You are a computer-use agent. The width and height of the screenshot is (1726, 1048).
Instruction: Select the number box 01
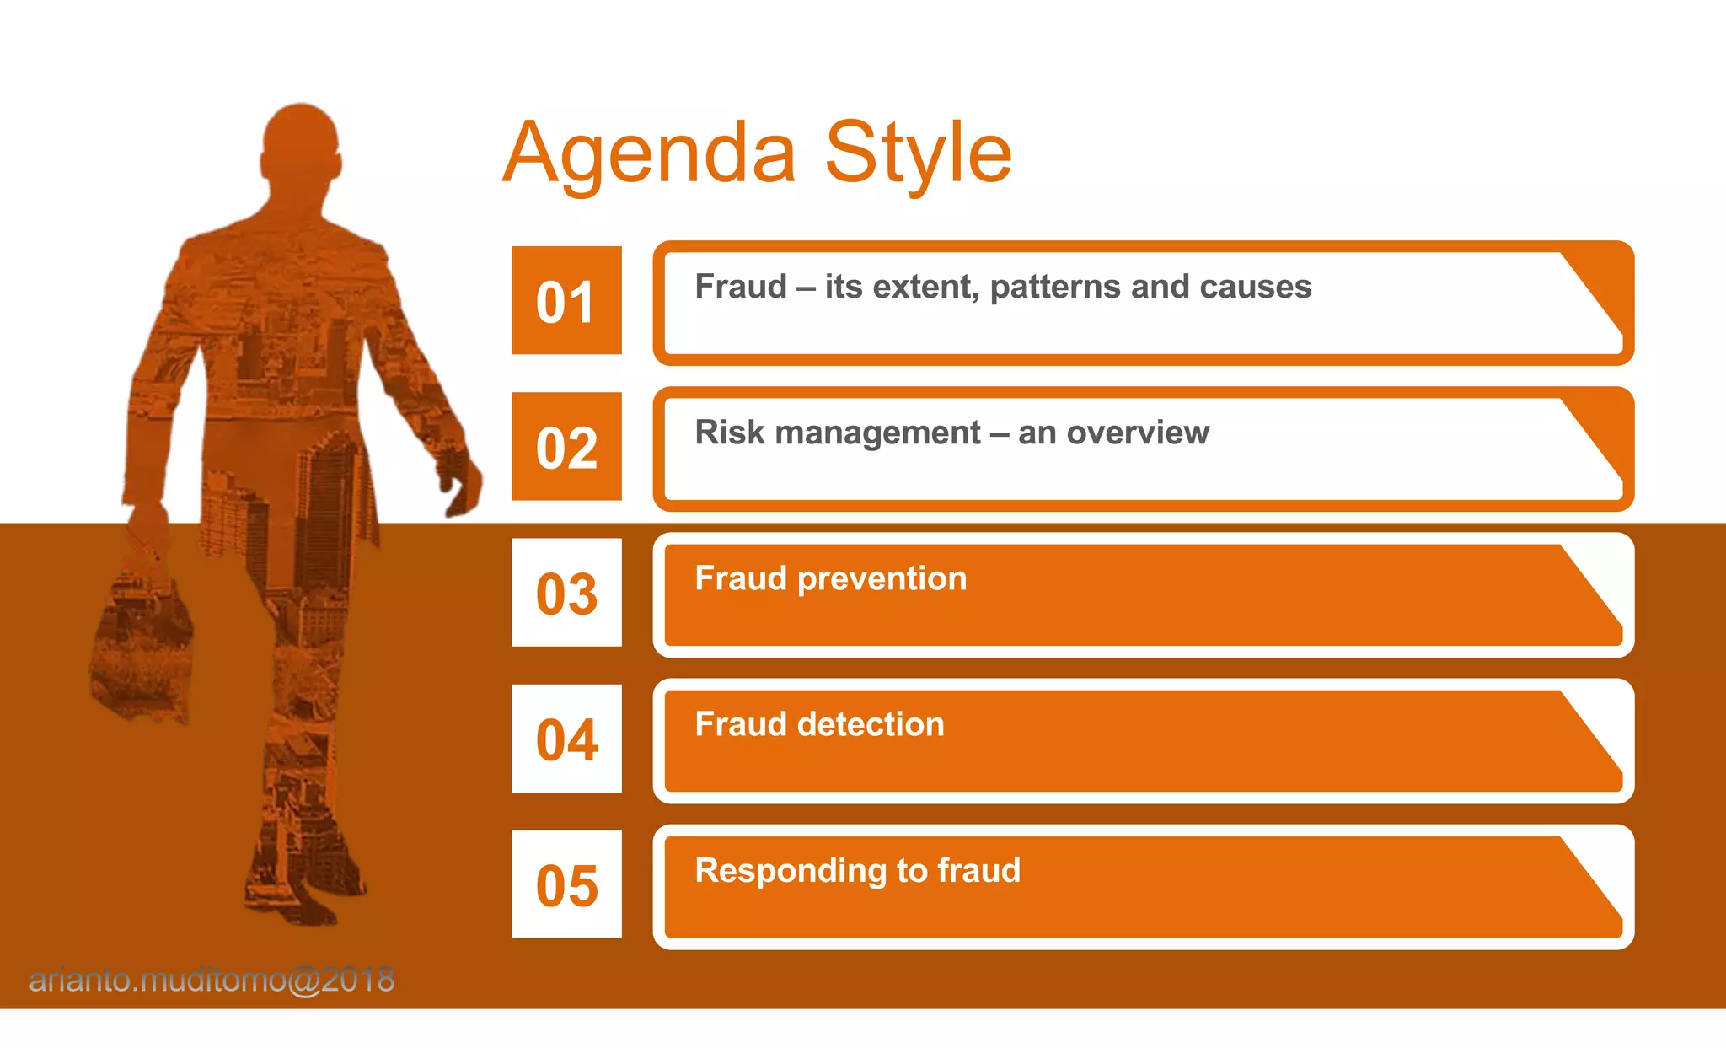pos(566,301)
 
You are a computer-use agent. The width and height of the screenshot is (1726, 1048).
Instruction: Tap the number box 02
pos(566,447)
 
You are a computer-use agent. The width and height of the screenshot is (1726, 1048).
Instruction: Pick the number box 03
pos(566,593)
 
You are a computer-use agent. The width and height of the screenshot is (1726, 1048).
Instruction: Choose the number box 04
pos(566,739)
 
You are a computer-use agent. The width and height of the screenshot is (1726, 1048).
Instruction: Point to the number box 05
pos(566,884)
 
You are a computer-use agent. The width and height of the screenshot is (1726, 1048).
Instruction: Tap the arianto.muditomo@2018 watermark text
pos(212,981)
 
